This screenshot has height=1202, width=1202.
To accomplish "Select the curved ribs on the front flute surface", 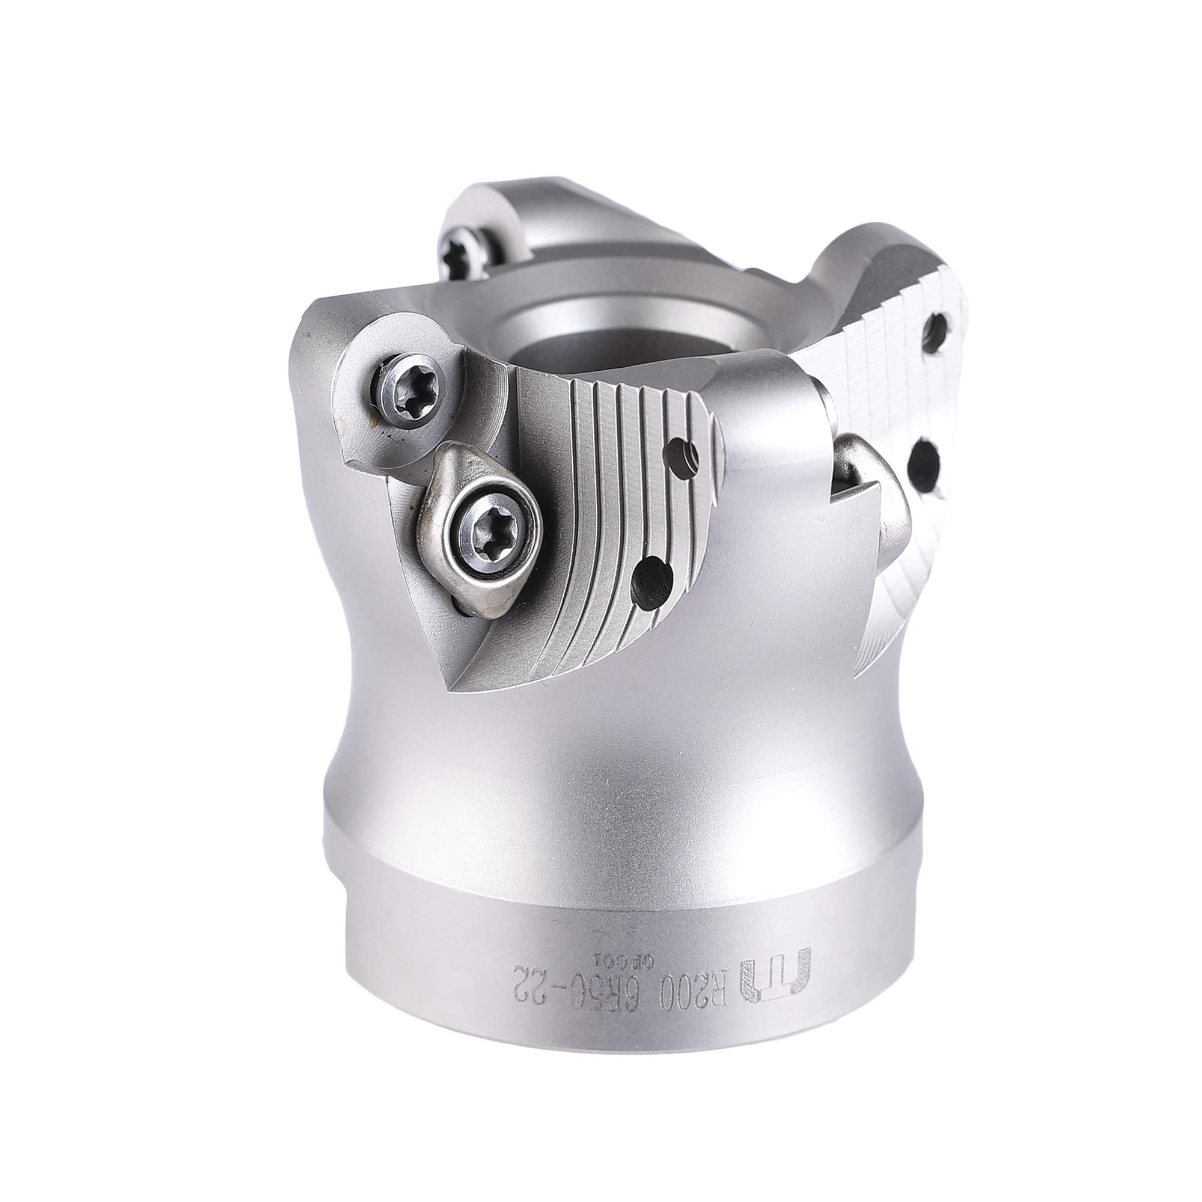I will (597, 498).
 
